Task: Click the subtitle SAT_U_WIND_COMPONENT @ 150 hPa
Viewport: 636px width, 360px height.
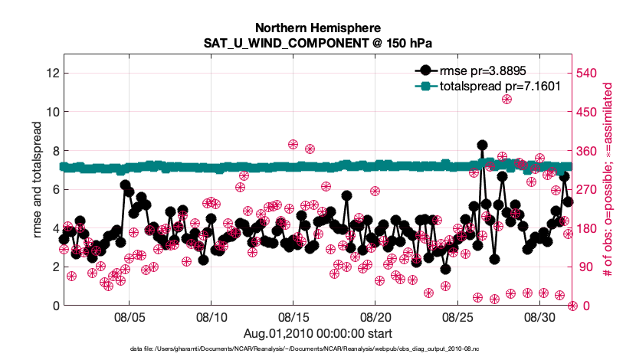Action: click(317, 44)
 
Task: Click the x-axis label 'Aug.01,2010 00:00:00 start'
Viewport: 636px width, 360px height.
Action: click(317, 333)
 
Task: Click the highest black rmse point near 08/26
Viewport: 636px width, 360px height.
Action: click(482, 145)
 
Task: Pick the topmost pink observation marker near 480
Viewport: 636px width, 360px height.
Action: click(507, 99)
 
